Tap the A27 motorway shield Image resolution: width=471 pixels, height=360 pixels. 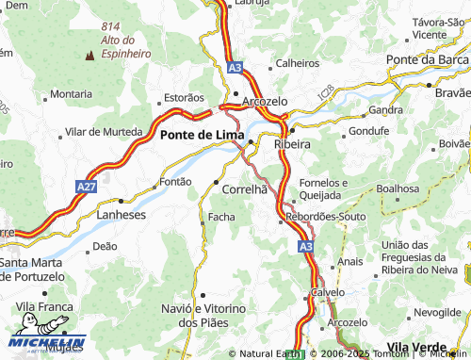tap(87, 188)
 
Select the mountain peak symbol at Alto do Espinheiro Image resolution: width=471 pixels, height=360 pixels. tap(89, 55)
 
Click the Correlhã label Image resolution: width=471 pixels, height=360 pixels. tap(244, 189)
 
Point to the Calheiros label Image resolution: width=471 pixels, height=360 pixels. tap(298, 64)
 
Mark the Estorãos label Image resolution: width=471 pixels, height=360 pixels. tap(184, 97)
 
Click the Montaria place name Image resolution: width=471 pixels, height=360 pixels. tap(71, 94)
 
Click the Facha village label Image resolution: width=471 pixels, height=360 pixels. tap(221, 218)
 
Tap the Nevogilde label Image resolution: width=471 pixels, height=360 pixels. tap(441, 311)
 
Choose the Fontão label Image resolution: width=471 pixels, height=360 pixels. tap(176, 181)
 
